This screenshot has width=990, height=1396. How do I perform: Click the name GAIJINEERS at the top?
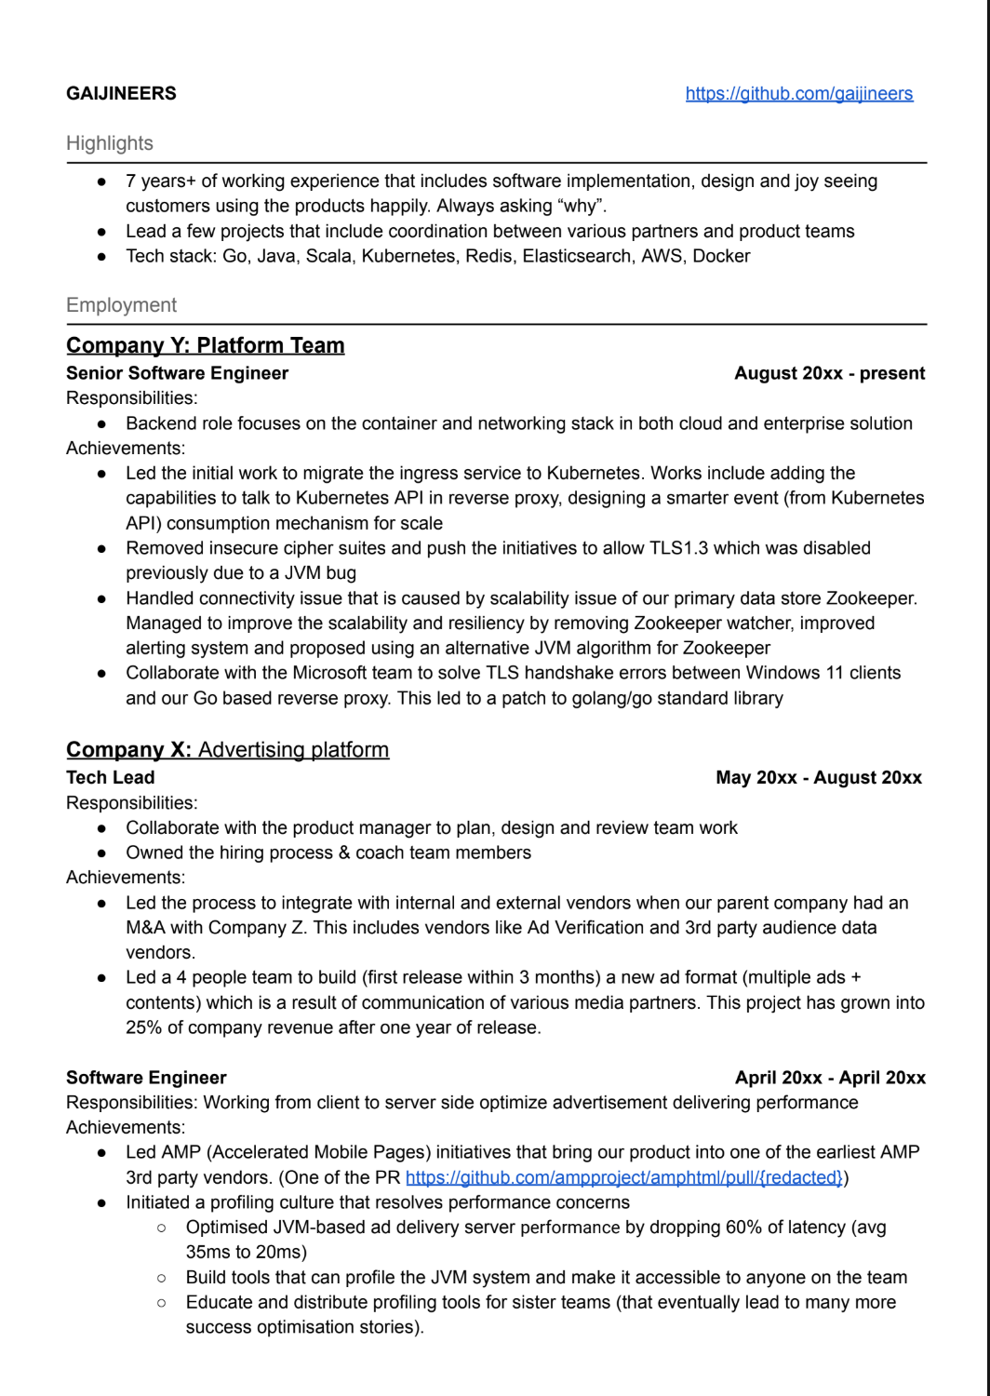pyautogui.click(x=121, y=94)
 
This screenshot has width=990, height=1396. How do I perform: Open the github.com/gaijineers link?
pyautogui.click(x=798, y=94)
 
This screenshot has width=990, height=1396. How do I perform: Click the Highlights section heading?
pyautogui.click(x=110, y=143)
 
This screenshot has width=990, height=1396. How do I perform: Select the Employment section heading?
pyautogui.click(x=121, y=305)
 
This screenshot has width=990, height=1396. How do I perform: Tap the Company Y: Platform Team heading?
pyautogui.click(x=205, y=346)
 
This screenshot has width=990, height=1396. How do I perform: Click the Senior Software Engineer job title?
pyautogui.click(x=177, y=373)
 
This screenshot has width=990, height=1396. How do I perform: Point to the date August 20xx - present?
pyautogui.click(x=829, y=373)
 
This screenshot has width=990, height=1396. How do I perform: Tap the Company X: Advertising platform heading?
pyautogui.click(x=227, y=750)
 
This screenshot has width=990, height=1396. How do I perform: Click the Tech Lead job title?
pyautogui.click(x=110, y=778)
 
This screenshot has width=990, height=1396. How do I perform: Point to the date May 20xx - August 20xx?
pyautogui.click(x=818, y=778)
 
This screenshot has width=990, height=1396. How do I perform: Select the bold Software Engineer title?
pyautogui.click(x=146, y=1078)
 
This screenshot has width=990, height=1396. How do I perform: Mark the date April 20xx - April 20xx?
pyautogui.click(x=829, y=1078)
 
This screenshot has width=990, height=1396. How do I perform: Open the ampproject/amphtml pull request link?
pyautogui.click(x=623, y=1178)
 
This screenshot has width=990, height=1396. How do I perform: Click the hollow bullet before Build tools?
pyautogui.click(x=162, y=1278)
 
